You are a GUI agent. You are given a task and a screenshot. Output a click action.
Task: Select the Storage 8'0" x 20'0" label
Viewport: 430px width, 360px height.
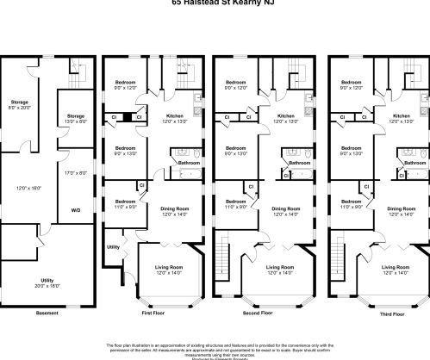click(x=19, y=104)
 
